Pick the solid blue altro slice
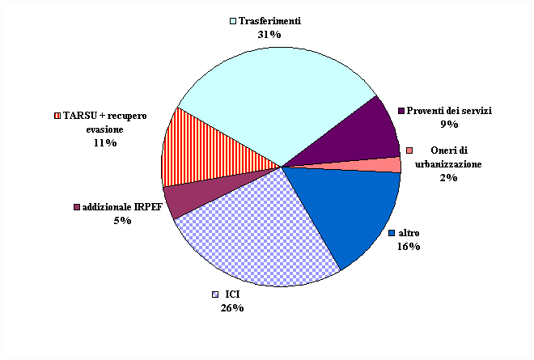[348, 210]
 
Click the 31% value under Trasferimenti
[269, 35]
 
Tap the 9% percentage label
[449, 125]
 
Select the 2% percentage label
[449, 178]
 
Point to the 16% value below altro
[409, 246]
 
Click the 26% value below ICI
[232, 307]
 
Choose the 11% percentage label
[105, 142]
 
